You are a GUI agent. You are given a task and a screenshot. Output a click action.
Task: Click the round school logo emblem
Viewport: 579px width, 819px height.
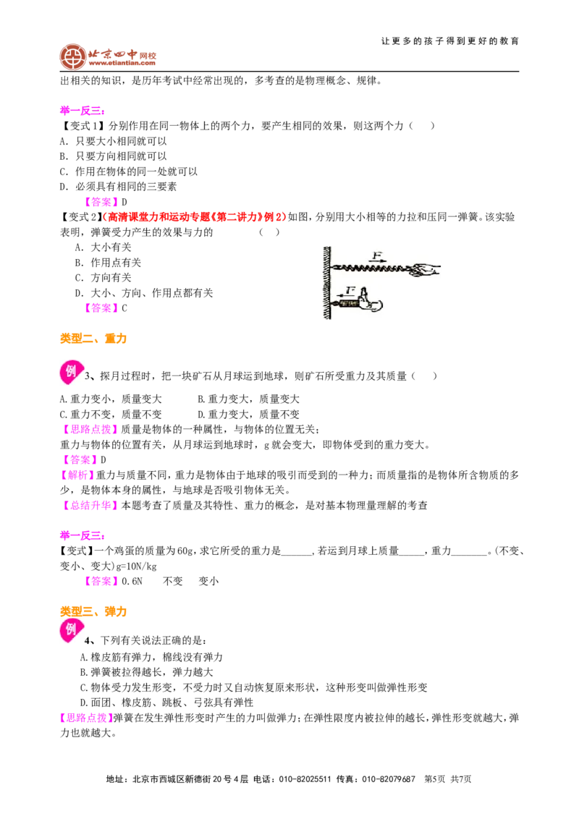(72, 56)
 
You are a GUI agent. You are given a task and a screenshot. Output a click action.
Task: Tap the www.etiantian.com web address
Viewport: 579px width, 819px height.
(122, 63)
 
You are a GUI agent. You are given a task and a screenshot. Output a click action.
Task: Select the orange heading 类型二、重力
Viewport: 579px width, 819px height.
(93, 339)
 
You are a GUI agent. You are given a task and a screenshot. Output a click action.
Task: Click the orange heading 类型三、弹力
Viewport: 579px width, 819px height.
(93, 611)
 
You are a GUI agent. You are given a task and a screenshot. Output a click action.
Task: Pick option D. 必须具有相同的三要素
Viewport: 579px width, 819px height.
(118, 187)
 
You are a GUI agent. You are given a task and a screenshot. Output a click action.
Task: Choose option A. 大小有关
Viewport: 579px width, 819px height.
(103, 247)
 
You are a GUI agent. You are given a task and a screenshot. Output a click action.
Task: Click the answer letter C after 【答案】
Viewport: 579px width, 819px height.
(124, 308)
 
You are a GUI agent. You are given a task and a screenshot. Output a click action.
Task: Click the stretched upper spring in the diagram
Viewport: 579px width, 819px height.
(371, 268)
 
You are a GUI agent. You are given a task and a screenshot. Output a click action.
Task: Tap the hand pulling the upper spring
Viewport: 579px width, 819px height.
(426, 270)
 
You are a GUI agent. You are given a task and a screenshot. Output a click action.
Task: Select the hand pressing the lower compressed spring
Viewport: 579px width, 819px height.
(369, 300)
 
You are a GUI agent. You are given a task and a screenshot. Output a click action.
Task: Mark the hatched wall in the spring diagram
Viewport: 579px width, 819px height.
(327, 283)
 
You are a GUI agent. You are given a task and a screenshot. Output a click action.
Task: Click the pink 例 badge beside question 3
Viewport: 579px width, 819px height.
(70, 371)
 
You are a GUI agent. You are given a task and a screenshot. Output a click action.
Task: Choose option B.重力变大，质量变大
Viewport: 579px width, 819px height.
(248, 399)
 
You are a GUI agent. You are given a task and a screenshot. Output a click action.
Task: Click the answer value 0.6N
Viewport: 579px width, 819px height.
(132, 582)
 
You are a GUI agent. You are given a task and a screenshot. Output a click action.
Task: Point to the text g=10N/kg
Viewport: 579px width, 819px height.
(135, 566)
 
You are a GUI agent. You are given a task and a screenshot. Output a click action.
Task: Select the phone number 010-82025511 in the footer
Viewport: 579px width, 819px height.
(305, 779)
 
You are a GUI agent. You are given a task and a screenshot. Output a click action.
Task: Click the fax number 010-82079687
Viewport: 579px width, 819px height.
(388, 779)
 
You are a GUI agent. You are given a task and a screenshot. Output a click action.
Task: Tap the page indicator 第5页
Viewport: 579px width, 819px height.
(434, 779)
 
